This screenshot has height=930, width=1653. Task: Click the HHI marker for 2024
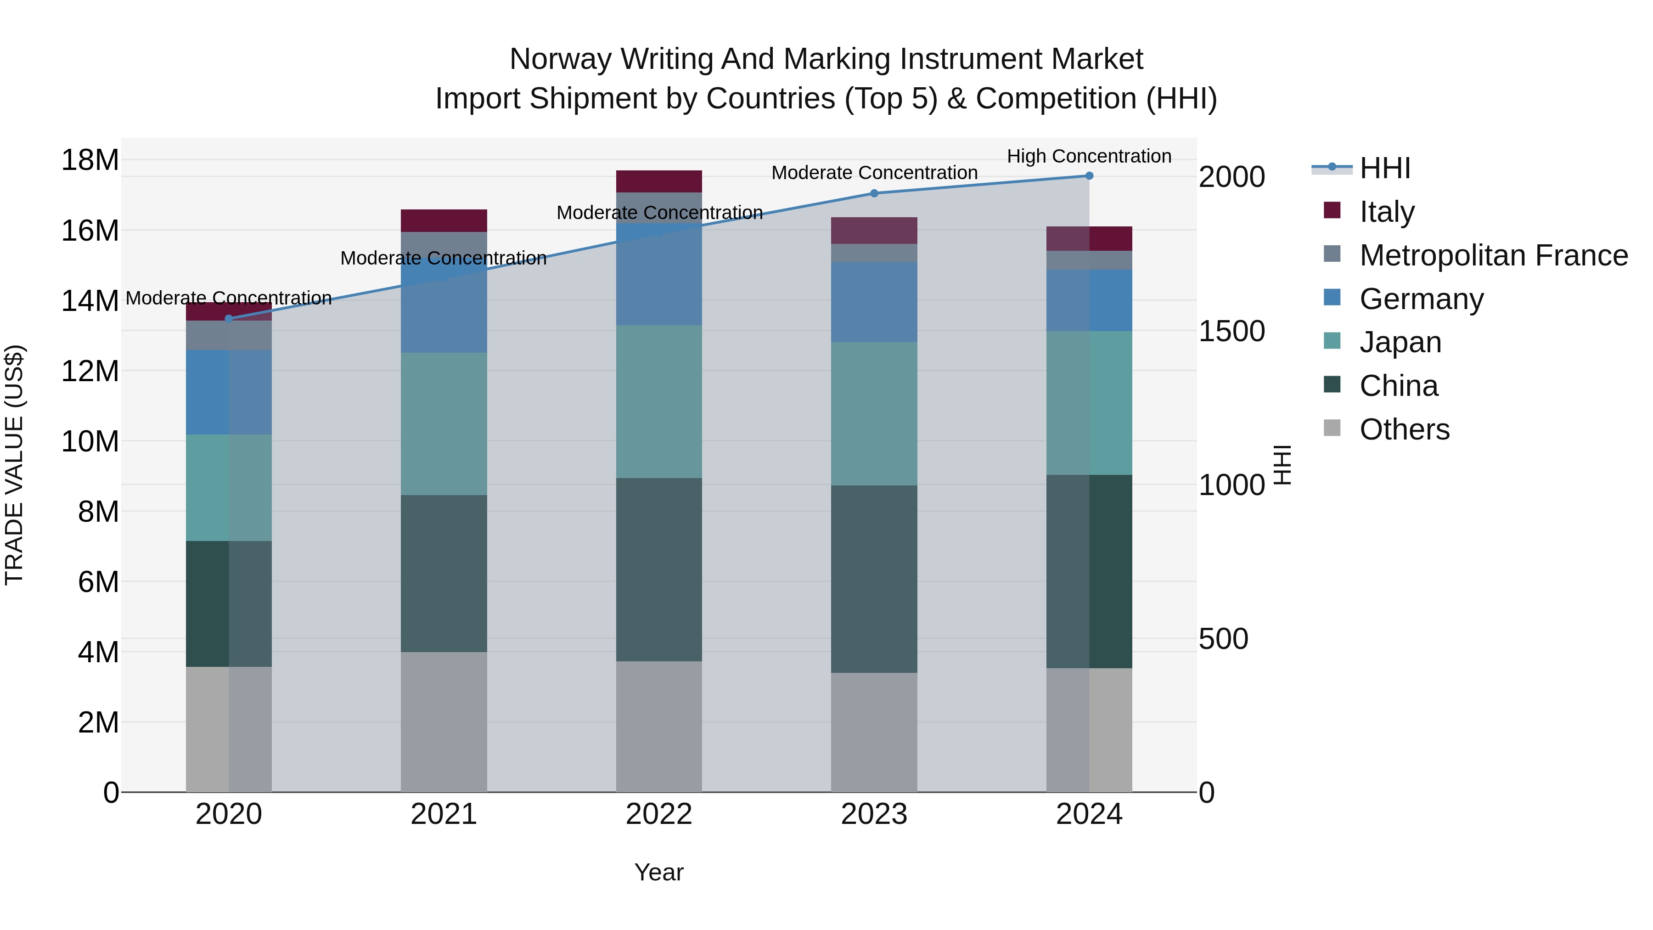1089,176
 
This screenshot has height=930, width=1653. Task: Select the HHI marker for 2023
874,193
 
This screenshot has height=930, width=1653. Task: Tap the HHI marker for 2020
229,318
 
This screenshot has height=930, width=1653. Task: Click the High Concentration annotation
1089,156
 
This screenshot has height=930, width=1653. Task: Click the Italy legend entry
1386,211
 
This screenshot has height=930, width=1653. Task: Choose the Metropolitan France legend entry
1493,255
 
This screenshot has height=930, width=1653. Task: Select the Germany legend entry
1421,299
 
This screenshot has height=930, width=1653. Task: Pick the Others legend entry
1404,429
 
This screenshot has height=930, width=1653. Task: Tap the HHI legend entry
1385,168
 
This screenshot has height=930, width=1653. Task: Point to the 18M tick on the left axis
90,160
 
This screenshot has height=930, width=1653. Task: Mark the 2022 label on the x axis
659,814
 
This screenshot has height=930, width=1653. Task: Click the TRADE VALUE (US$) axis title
14,465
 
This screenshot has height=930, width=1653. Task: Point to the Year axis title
659,872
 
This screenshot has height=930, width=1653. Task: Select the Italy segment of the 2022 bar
659,181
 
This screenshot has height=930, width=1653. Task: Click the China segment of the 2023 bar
874,579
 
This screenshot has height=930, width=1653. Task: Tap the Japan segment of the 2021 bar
444,423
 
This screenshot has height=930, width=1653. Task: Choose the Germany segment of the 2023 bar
874,302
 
